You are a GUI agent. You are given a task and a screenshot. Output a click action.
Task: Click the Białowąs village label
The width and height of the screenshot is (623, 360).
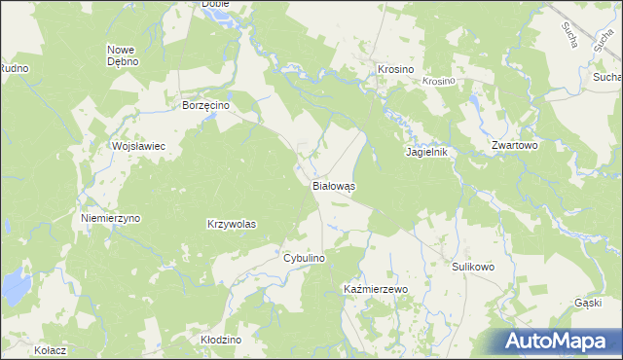point(334,184)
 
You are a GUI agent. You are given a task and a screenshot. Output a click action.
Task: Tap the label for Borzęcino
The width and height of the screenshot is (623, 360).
point(204,105)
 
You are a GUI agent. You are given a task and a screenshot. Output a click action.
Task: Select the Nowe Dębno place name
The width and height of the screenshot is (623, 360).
point(124,54)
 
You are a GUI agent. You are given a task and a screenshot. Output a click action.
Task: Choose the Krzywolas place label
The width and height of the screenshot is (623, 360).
point(232,224)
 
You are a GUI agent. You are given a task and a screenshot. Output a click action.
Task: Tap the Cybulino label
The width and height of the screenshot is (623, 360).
point(304,258)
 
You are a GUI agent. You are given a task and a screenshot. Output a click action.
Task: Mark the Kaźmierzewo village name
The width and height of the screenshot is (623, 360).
point(376,290)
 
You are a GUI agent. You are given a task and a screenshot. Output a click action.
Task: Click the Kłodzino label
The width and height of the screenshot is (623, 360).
point(220,340)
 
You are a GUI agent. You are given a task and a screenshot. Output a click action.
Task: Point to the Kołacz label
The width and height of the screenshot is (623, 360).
point(49,349)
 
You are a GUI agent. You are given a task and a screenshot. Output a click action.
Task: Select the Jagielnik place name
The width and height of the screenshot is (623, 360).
point(425,153)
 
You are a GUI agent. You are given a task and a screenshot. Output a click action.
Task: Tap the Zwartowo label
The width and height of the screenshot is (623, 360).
point(516,145)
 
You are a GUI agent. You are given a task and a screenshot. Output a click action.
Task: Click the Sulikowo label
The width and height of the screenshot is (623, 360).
point(474,266)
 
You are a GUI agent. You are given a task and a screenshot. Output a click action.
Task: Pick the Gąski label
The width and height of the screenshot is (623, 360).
point(589,304)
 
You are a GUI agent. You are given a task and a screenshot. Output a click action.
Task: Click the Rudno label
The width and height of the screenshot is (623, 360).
point(14,68)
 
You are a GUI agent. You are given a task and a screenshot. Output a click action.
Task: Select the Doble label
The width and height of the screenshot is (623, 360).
point(215,4)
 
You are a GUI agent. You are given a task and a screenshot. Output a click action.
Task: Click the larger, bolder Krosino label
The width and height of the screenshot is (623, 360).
point(396,70)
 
